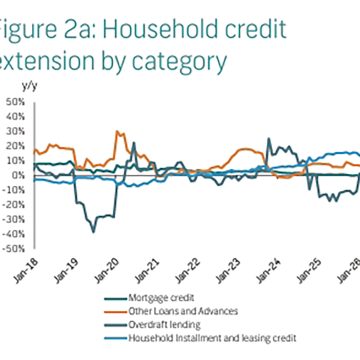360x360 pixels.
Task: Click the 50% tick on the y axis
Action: [x=15, y=101]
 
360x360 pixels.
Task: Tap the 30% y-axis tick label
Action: [x=15, y=131]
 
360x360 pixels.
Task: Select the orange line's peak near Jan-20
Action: [x=119, y=131]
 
